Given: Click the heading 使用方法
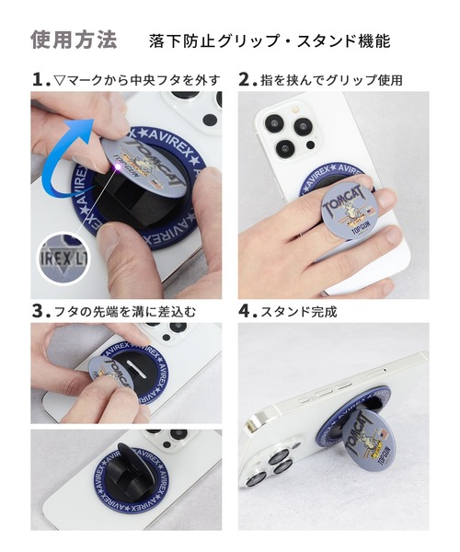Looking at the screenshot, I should pyautogui.click(x=74, y=40).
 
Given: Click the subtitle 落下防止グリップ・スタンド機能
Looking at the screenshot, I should pyautogui.click(x=269, y=41).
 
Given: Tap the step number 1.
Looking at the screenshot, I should pyautogui.click(x=39, y=79).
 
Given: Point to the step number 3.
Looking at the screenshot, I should pyautogui.click(x=39, y=311).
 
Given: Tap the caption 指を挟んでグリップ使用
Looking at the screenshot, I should pyautogui.click(x=330, y=80).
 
